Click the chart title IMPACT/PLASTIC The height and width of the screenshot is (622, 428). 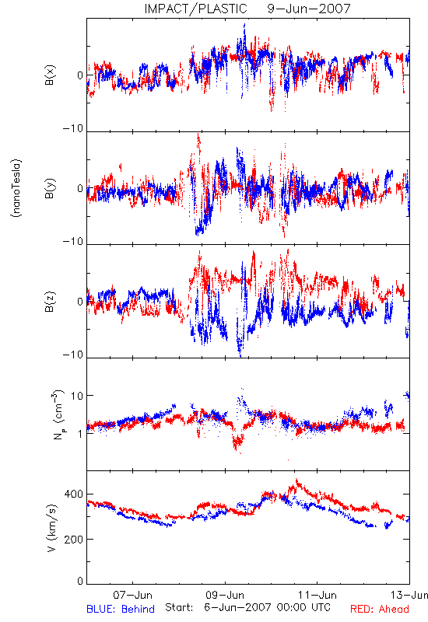pyautogui.click(x=195, y=9)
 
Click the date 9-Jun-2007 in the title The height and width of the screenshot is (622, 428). pyautogui.click(x=309, y=9)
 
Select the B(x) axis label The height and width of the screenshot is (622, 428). pyautogui.click(x=50, y=75)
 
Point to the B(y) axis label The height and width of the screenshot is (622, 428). pyautogui.click(x=50, y=188)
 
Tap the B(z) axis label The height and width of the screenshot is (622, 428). pyautogui.click(x=50, y=302)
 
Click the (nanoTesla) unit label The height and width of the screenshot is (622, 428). pyautogui.click(x=16, y=188)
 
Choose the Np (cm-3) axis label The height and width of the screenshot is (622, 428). pyautogui.click(x=58, y=414)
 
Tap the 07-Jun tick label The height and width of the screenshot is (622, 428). pyautogui.click(x=132, y=595)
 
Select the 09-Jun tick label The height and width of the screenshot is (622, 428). pyautogui.click(x=225, y=595)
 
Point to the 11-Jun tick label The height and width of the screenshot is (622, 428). pyautogui.click(x=317, y=595)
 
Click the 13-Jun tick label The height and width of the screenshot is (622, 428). pyautogui.click(x=409, y=595)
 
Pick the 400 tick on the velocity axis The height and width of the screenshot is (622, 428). pyautogui.click(x=74, y=494)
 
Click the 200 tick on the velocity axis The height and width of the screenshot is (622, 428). pyautogui.click(x=74, y=539)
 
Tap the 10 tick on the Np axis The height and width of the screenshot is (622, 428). pyautogui.click(x=77, y=396)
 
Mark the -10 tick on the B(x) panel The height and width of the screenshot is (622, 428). pyautogui.click(x=73, y=128)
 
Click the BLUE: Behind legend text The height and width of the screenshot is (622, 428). pyautogui.click(x=121, y=609)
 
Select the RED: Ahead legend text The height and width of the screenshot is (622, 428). pyautogui.click(x=380, y=609)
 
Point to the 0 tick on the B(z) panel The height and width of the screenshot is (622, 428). pyautogui.click(x=80, y=302)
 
